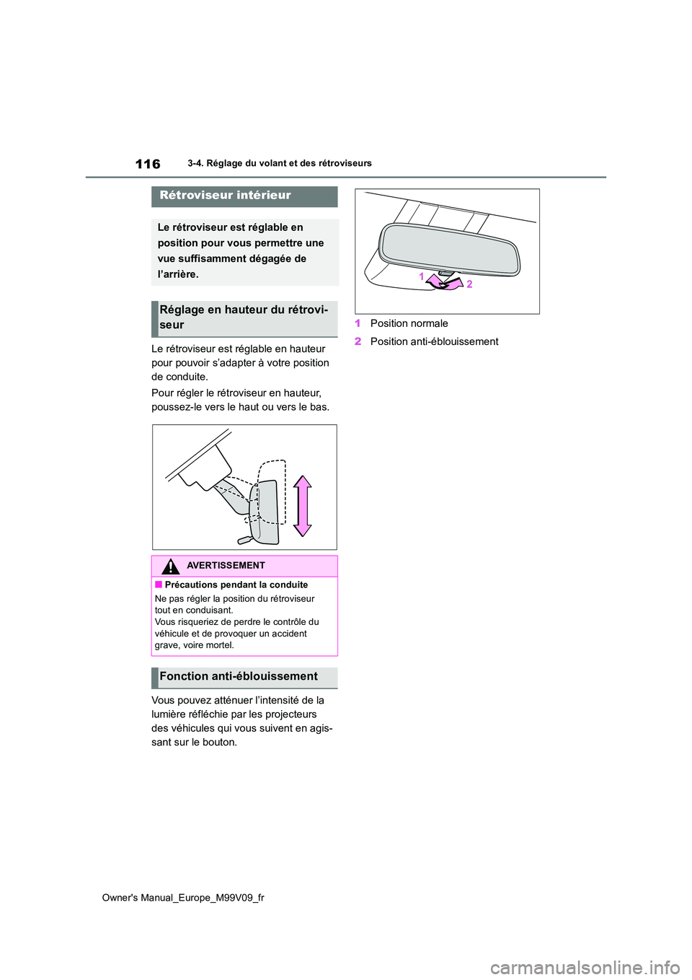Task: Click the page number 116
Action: click(x=148, y=165)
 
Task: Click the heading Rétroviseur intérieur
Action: click(x=225, y=196)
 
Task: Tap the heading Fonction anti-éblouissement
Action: click(x=239, y=677)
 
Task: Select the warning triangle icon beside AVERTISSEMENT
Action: click(x=170, y=566)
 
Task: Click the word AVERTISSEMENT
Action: click(x=226, y=566)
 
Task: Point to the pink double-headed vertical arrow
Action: click(x=303, y=506)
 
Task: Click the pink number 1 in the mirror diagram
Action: click(x=422, y=276)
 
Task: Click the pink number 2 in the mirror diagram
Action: click(x=469, y=284)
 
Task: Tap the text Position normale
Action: click(x=409, y=323)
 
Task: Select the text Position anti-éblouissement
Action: click(x=434, y=341)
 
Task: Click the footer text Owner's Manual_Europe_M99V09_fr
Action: click(x=183, y=898)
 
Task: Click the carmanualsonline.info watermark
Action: click(x=585, y=966)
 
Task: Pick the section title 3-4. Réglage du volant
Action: click(x=280, y=164)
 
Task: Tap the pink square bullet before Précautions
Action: click(x=159, y=585)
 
